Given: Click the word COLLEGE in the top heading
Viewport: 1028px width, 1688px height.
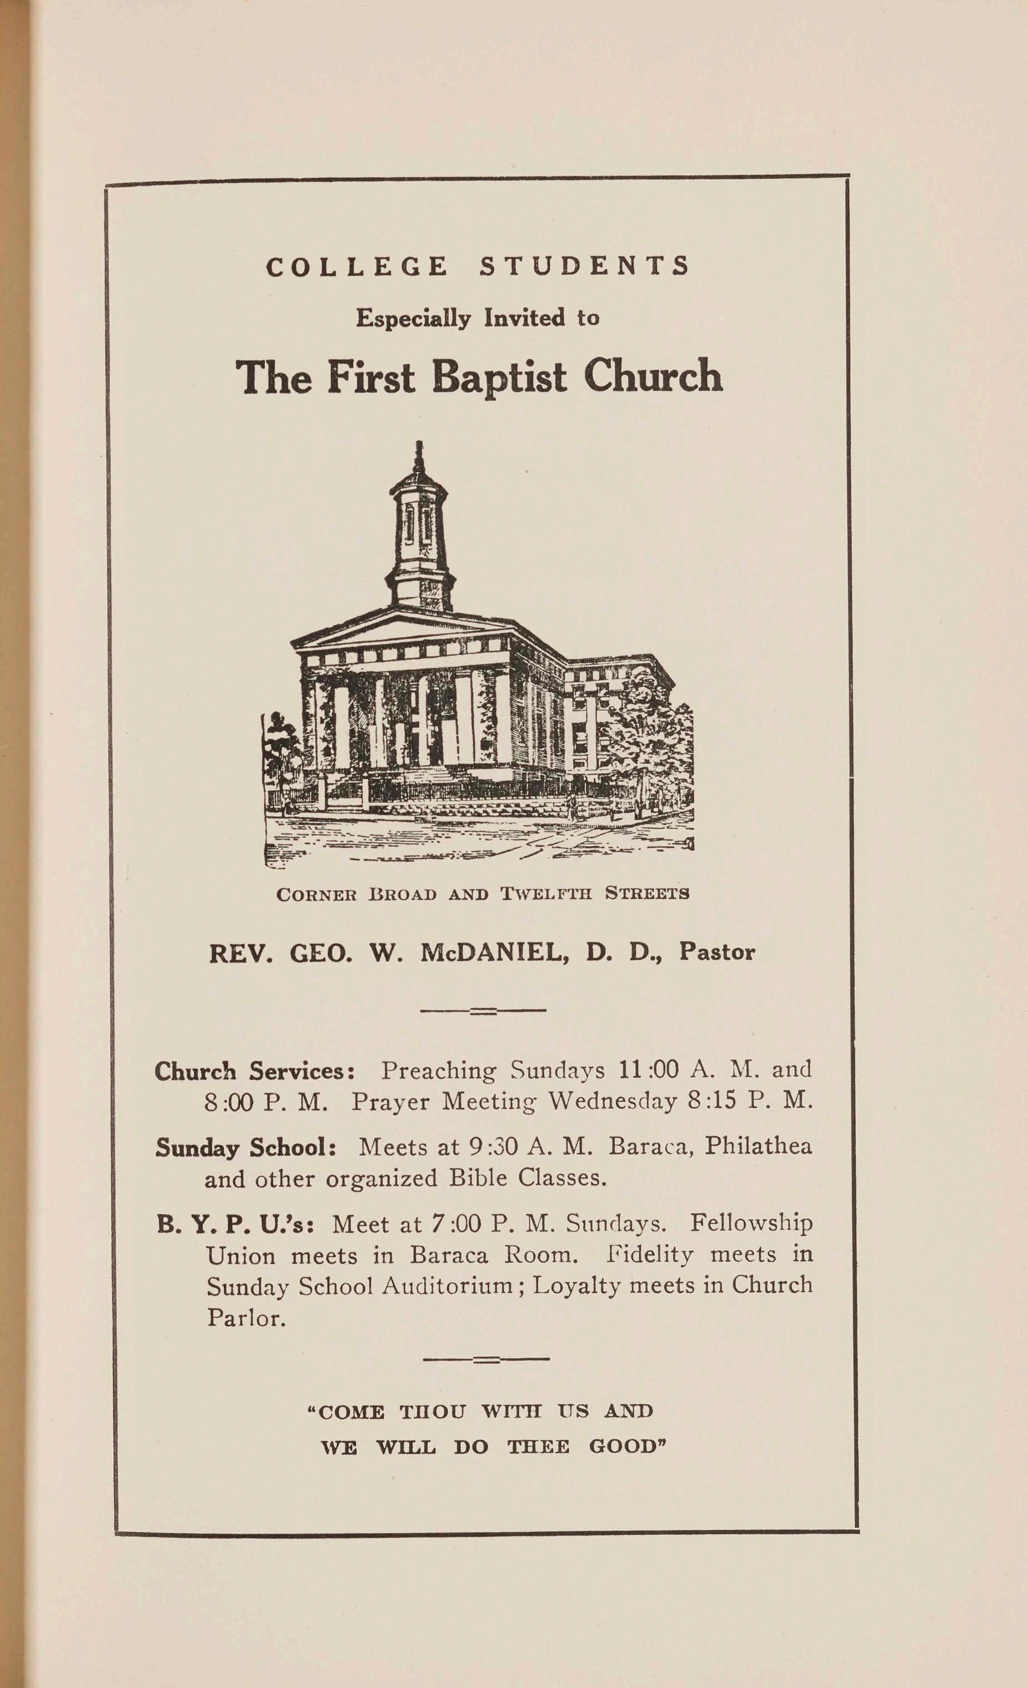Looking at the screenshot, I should pos(357,266).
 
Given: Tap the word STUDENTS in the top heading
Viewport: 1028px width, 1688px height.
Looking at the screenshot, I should pos(585,266).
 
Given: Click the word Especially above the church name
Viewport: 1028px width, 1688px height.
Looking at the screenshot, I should pos(413,319).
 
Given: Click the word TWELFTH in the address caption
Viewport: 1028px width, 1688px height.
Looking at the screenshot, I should pos(545,894).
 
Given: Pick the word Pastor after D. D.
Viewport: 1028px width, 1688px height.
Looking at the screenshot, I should pos(717,952).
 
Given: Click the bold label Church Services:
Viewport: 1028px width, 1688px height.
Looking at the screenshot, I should pos(254,1071).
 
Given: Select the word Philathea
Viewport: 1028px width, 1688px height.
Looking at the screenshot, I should pos(758,1146).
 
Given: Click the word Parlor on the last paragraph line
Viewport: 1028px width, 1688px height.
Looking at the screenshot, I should pos(246,1317).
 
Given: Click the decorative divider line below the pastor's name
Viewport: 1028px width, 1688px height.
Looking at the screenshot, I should pos(483,1010).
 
